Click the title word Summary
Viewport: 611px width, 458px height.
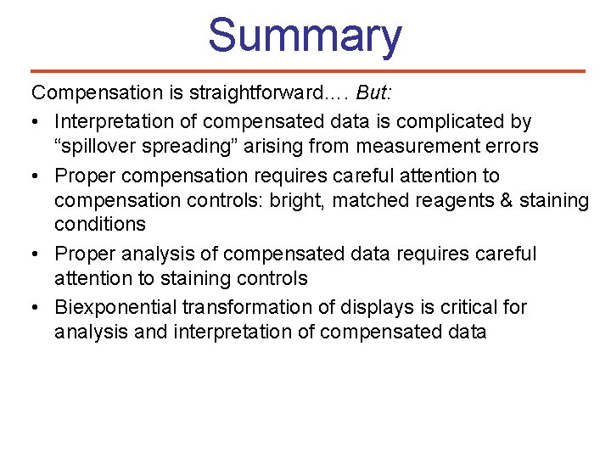[x=305, y=36]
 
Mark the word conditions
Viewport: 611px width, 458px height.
[x=100, y=224]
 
